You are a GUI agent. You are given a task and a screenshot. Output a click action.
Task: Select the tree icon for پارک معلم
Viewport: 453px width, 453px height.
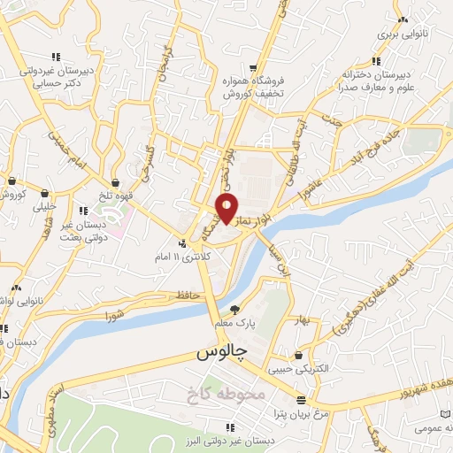coord(234,310)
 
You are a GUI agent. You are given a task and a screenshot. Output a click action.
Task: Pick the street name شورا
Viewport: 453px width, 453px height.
coord(114,316)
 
